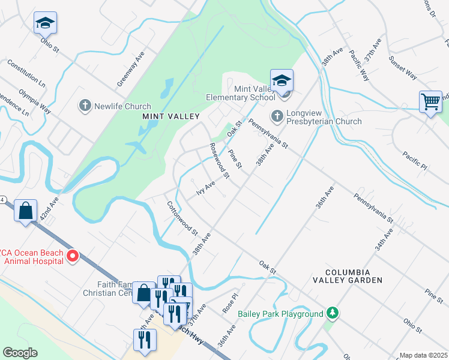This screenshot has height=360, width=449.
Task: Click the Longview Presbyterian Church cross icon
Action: click(277, 115)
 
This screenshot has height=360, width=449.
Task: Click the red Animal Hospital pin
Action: click(73, 256)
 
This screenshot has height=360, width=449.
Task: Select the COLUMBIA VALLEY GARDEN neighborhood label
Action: click(347, 275)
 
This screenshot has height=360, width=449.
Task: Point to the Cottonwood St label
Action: click(182, 218)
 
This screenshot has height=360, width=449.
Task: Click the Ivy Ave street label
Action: click(205, 188)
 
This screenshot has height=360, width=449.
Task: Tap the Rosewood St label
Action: click(219, 161)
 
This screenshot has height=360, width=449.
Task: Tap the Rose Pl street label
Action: click(231, 305)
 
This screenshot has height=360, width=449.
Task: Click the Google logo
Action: click(19, 353)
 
